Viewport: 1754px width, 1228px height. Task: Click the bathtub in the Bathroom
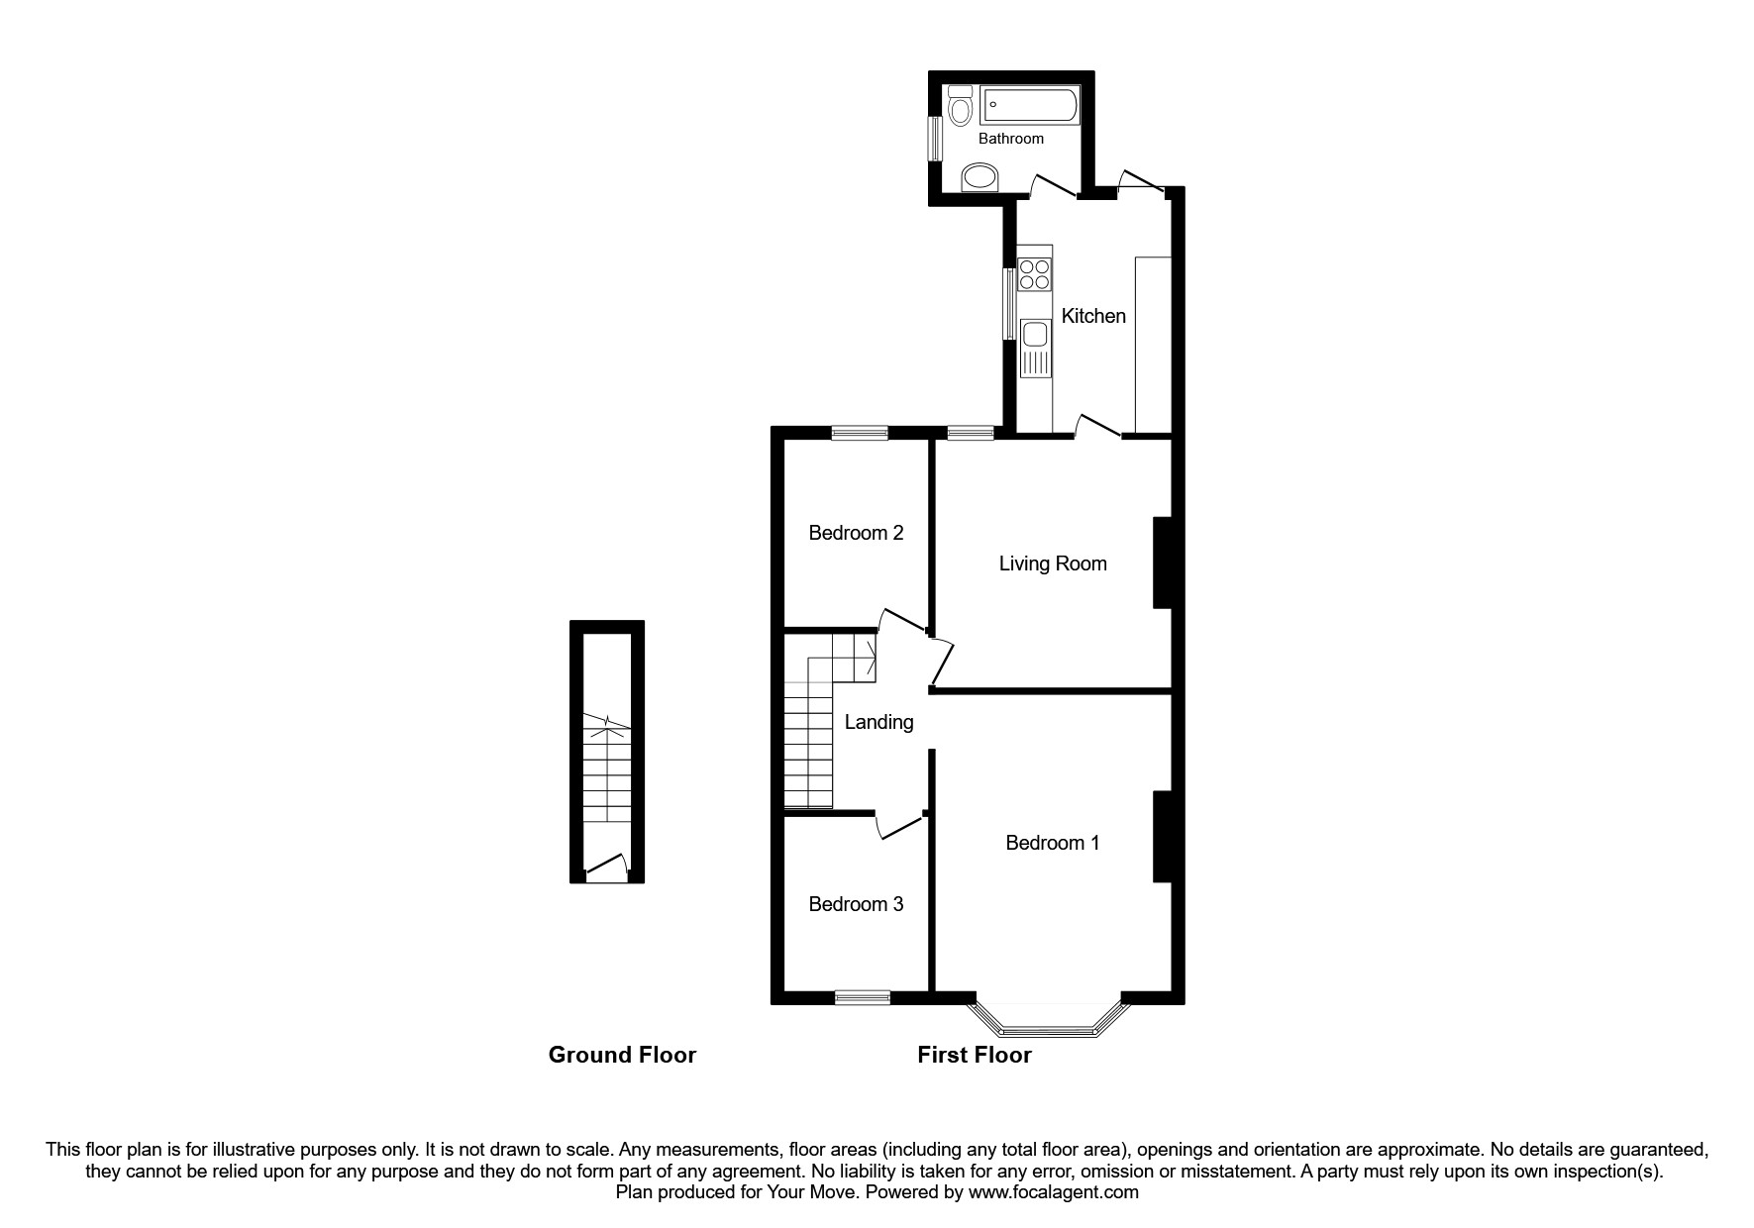coord(1029,105)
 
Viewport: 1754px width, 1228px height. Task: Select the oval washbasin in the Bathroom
coord(980,178)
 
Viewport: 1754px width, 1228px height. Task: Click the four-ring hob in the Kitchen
coord(1034,273)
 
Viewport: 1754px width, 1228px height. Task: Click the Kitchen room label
coord(1093,316)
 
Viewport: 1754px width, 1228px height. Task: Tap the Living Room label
coord(1052,563)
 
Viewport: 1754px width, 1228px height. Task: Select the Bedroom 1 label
coord(1052,843)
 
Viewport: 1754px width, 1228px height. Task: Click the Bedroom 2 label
coord(856,533)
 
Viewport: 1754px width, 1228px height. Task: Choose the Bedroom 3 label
coord(856,904)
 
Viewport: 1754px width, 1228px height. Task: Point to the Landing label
coord(878,722)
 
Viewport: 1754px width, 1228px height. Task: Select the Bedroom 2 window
coord(860,432)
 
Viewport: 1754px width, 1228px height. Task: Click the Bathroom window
coord(934,139)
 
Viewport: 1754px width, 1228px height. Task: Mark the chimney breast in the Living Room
coord(1162,563)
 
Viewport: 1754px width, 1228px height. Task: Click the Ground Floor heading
coord(622,1056)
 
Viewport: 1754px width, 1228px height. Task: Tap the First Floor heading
coord(974,1056)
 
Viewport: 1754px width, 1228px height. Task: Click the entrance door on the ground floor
coord(606,870)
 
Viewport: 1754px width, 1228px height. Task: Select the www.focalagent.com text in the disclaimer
coord(1053,1192)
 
